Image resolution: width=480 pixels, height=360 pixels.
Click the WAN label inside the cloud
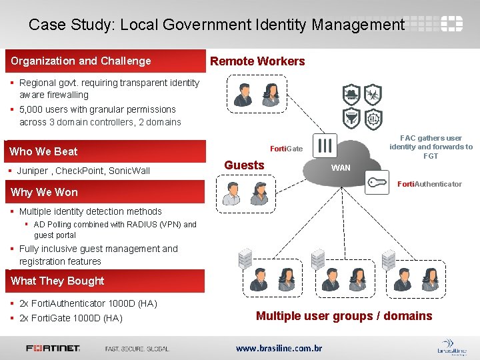[x=341, y=168]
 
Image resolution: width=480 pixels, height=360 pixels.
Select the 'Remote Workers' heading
[x=257, y=61]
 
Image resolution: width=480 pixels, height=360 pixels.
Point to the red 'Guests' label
[x=244, y=165]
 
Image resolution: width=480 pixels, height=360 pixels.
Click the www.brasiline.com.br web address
[x=279, y=348]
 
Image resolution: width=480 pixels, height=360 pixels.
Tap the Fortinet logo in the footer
[x=53, y=348]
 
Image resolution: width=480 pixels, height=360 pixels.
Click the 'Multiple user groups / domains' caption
[x=344, y=316]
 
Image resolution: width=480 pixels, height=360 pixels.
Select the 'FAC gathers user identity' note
[x=431, y=147]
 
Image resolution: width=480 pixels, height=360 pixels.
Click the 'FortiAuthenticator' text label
[x=429, y=184]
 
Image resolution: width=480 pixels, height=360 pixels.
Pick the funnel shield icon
[x=351, y=118]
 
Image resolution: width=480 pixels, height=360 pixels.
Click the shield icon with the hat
[x=351, y=94]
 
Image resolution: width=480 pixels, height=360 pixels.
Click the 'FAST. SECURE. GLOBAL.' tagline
[x=137, y=348]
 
